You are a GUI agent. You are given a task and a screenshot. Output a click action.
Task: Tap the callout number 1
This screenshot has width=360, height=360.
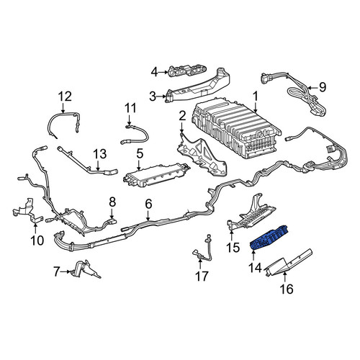(x=255, y=96)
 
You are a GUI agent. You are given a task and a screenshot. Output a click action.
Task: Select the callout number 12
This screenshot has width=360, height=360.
(x=65, y=96)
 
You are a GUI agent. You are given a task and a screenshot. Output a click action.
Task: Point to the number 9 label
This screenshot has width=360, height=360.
(x=323, y=87)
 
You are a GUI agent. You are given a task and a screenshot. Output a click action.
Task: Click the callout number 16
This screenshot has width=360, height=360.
(x=287, y=289)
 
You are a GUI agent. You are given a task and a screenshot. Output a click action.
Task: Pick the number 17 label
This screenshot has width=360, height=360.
(x=202, y=276)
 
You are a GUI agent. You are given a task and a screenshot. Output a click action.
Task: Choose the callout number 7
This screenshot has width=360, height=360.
(x=56, y=272)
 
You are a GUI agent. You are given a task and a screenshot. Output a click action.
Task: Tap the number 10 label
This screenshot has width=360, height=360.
(x=37, y=240)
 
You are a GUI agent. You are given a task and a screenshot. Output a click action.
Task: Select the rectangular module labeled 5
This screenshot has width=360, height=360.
(x=156, y=175)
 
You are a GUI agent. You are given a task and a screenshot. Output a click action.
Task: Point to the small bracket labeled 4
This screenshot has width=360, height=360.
(x=188, y=71)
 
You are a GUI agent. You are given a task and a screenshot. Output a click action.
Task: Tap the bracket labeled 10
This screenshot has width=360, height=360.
(x=27, y=211)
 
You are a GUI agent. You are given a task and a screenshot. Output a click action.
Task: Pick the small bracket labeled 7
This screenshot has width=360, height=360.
(x=85, y=269)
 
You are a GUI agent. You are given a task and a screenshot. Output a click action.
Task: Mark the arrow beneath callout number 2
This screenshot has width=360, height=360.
(x=181, y=127)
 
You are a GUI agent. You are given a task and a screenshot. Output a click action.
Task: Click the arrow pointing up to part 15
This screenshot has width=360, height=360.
(x=231, y=235)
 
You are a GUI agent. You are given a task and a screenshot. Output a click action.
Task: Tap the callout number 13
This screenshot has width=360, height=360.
(x=100, y=154)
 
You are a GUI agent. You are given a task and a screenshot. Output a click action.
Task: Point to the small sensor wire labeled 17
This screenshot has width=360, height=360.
(x=203, y=250)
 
